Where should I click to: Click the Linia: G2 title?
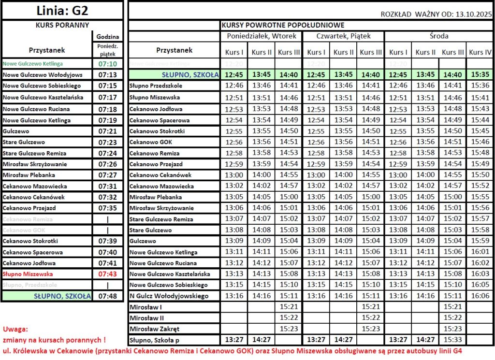[63, 10]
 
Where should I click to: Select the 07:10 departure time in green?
[108, 63]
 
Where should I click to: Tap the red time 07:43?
[108, 274]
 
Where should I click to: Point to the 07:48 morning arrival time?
[108, 296]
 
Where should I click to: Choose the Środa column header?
[438, 36]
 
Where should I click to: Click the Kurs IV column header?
[480, 52]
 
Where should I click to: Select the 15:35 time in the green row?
[480, 74]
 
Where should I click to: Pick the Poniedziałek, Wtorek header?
[261, 36]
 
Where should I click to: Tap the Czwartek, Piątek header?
[343, 36]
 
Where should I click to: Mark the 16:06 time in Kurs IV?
[480, 296]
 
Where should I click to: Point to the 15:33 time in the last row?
[453, 340]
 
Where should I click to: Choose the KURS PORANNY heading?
[62, 25]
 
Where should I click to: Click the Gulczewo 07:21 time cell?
[108, 131]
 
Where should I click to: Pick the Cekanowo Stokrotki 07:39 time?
[108, 241]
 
